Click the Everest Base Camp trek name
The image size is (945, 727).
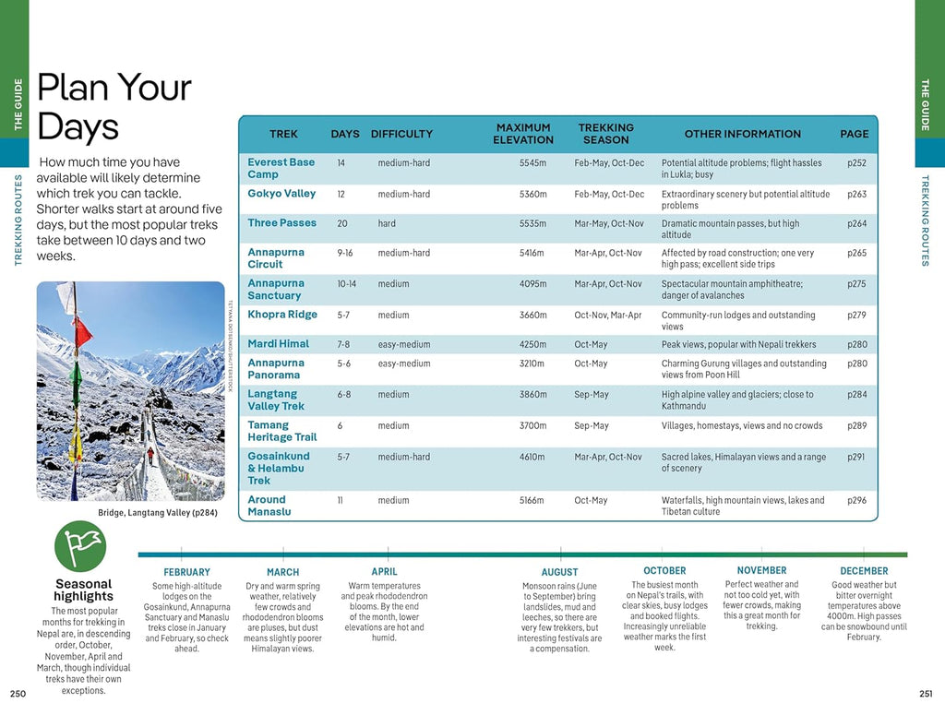point(281,168)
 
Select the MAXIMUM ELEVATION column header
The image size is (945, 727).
point(523,134)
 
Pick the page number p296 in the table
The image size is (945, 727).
point(856,500)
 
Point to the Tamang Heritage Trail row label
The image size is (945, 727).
point(281,431)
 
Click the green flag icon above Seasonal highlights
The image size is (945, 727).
point(80,546)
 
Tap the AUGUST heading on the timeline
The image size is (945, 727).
point(559,572)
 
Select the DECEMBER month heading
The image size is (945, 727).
point(864,571)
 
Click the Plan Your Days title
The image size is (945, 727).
point(113,107)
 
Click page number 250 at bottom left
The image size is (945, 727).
point(18,694)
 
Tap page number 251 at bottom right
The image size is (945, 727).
point(927,694)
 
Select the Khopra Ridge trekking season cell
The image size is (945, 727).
point(607,316)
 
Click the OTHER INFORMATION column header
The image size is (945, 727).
point(742,134)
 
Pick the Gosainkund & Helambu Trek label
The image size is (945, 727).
point(278,468)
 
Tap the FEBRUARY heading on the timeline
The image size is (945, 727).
point(186,572)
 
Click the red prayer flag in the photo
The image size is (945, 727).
point(82,329)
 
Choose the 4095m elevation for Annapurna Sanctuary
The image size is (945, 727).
point(533,284)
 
